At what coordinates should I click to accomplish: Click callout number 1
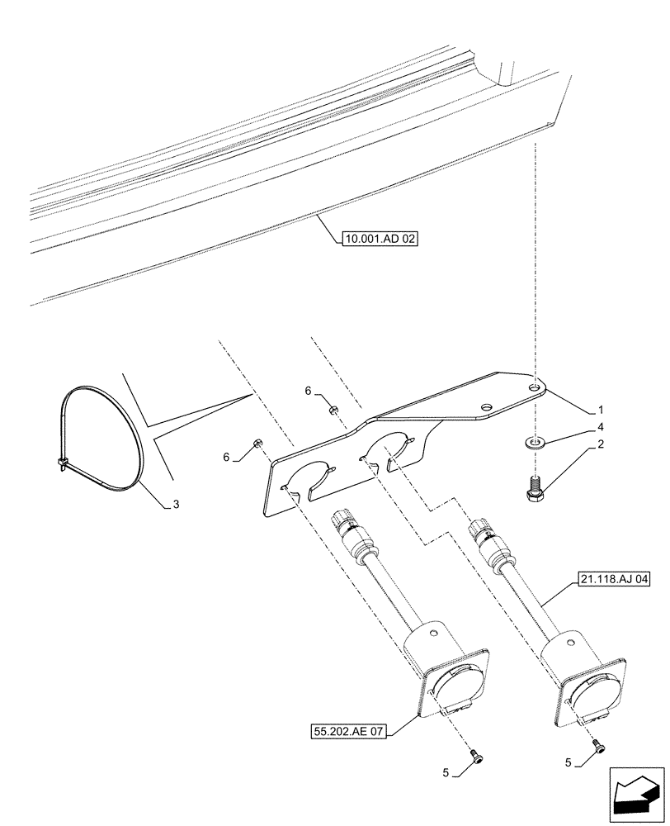pos(600,409)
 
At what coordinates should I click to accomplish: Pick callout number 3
pos(175,503)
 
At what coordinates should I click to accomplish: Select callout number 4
pos(600,427)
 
